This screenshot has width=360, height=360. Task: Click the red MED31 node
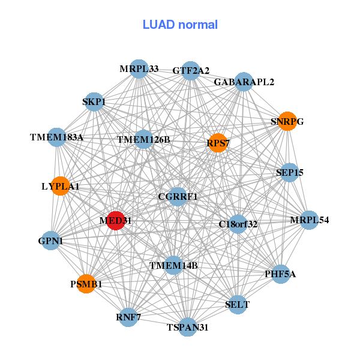(115, 221)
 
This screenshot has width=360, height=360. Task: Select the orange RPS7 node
(217, 143)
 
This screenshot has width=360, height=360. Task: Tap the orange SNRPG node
(287, 121)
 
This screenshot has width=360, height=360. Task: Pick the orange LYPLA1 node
(60, 187)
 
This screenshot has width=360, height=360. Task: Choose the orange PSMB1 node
(86, 284)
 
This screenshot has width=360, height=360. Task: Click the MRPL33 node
(139, 69)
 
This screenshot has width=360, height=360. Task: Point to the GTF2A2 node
(190, 71)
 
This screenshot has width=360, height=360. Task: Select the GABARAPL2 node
(244, 82)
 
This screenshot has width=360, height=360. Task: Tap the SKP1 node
(94, 101)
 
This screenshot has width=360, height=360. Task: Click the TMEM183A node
(56, 137)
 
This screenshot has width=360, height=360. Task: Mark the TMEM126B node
(143, 140)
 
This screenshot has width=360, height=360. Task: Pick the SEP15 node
(289, 173)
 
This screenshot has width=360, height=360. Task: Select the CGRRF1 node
(178, 196)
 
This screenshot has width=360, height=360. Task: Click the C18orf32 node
(238, 224)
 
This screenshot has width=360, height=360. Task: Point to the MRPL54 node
(309, 220)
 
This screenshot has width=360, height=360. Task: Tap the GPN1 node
(51, 241)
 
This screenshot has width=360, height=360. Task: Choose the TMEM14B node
(173, 265)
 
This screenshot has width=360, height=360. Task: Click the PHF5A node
(280, 274)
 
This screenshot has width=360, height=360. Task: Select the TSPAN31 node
(188, 327)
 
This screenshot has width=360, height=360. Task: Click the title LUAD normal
(180, 25)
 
